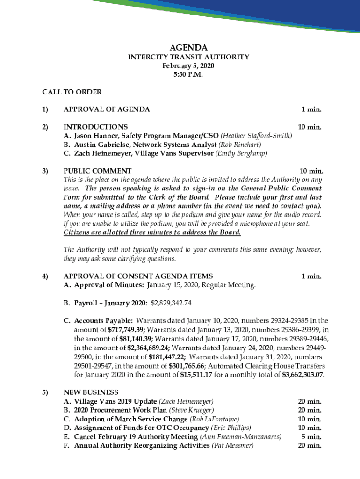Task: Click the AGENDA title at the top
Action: tap(188, 47)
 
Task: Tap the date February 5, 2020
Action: tap(188, 66)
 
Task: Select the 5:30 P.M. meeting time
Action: tap(188, 74)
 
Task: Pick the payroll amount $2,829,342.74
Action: tap(171, 303)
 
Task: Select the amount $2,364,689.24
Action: tap(149, 348)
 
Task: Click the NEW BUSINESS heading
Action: tap(91, 392)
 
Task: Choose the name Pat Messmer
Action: tap(233, 445)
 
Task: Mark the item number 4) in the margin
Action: tap(45, 276)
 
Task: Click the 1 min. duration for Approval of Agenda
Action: tap(311, 109)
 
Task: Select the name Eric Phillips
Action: tap(231, 428)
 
